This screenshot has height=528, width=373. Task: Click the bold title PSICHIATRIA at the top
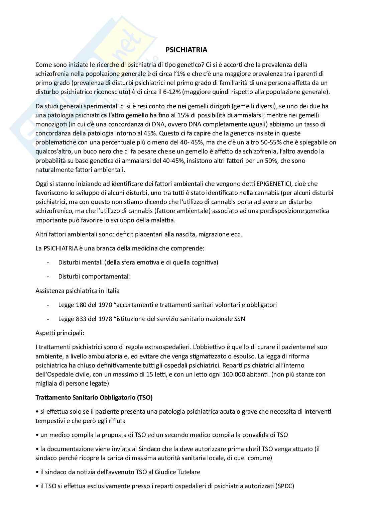pos(186,50)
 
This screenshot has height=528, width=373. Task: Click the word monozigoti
pos(50,124)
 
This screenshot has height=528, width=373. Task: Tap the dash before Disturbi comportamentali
pos(49,277)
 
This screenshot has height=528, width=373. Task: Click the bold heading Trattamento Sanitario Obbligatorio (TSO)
pos(94,398)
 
